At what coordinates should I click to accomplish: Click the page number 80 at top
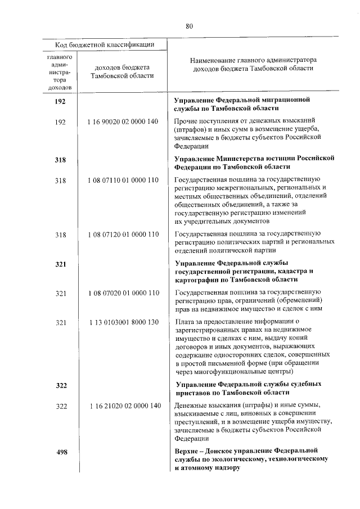pos(189,25)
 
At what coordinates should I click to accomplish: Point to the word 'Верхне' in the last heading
pos(187,451)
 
